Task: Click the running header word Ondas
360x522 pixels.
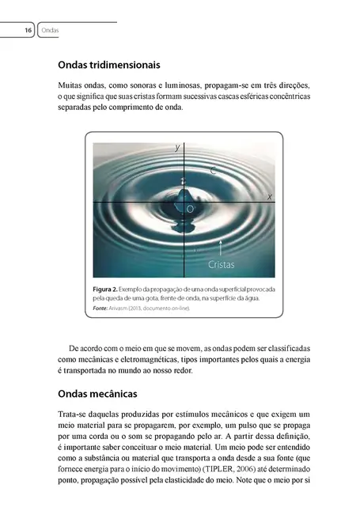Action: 50,30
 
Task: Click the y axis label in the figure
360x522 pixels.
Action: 177,147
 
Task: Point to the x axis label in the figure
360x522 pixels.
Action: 269,195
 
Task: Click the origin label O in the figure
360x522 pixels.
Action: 190,209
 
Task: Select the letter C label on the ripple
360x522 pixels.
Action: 214,170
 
